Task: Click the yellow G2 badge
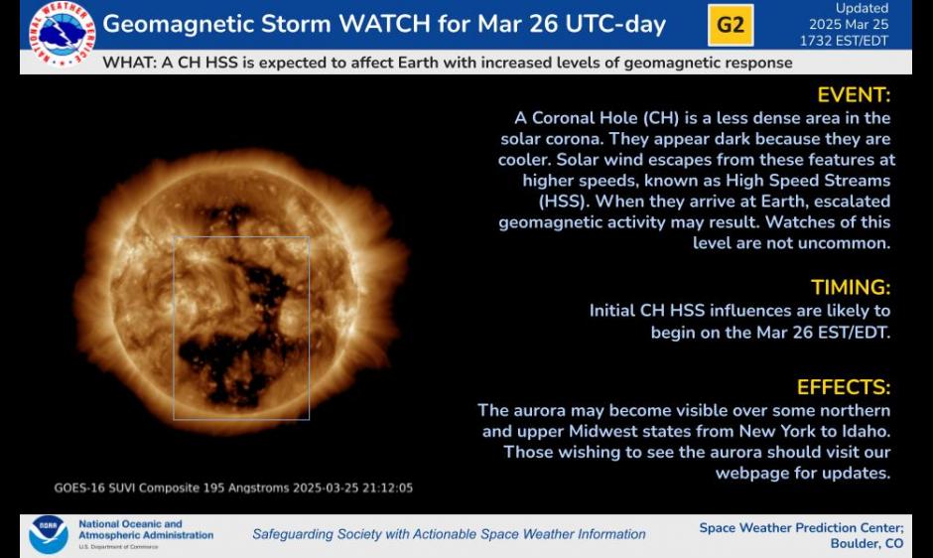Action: click(x=731, y=25)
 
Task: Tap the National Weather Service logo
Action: click(x=62, y=33)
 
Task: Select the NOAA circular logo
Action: click(x=49, y=534)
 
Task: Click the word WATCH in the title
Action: click(x=384, y=24)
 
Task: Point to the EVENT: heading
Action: click(x=854, y=94)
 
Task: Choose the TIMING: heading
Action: click(x=851, y=287)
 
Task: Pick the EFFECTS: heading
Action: click(x=844, y=387)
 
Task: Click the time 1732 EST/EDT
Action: click(x=844, y=41)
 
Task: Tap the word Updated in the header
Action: click(x=862, y=8)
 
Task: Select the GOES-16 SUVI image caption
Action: click(x=233, y=488)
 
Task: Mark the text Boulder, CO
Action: click(x=866, y=543)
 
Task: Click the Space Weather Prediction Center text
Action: click(x=802, y=527)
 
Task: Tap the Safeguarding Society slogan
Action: click(x=450, y=534)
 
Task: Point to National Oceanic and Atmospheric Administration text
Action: click(x=146, y=529)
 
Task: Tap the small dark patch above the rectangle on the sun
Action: click(x=225, y=213)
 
